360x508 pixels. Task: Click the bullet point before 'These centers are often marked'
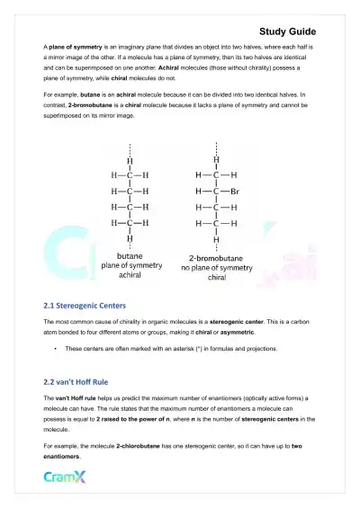[x=56, y=348]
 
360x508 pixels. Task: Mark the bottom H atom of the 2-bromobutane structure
[x=215, y=239]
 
